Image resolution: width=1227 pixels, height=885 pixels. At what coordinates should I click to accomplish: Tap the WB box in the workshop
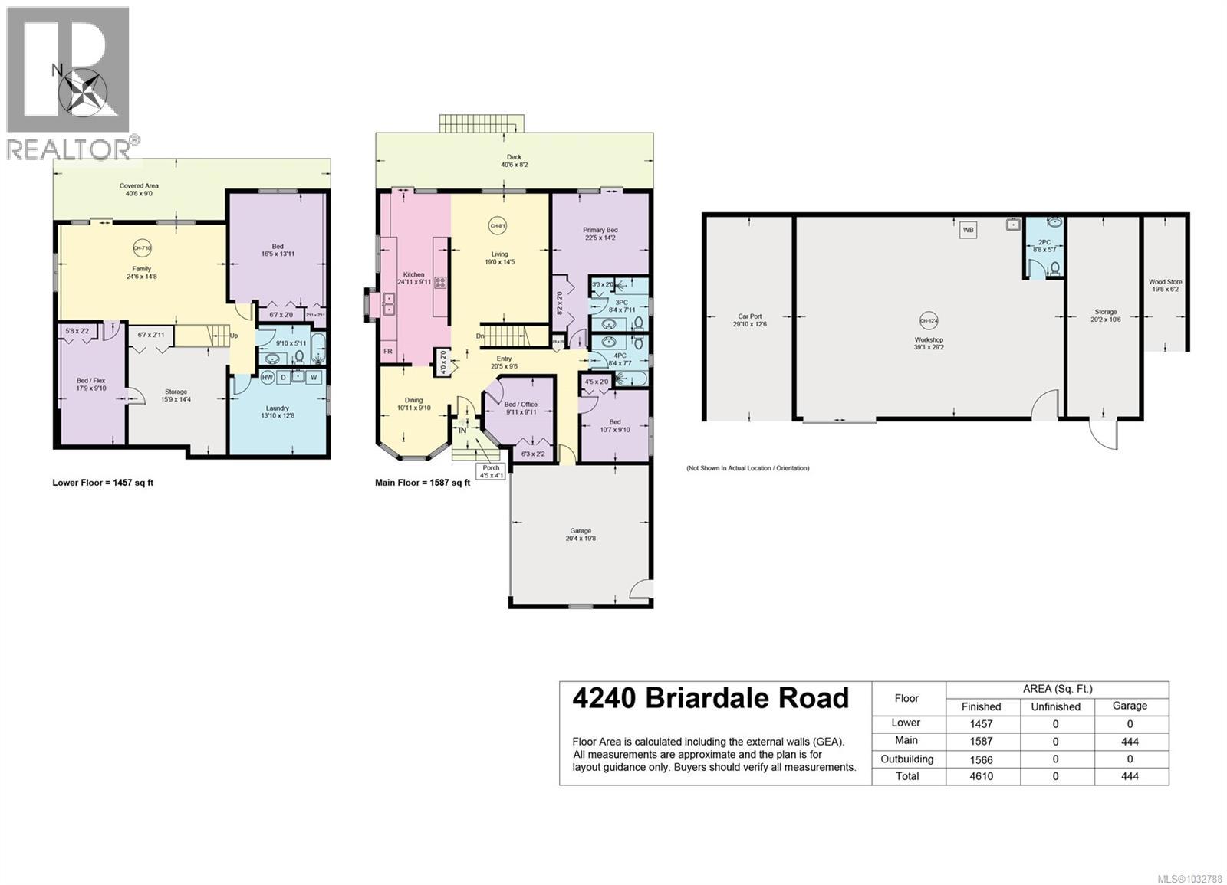pos(969,229)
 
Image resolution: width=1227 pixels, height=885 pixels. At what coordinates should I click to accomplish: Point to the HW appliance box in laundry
pos(268,378)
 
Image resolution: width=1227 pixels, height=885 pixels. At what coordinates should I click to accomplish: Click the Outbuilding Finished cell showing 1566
pos(981,759)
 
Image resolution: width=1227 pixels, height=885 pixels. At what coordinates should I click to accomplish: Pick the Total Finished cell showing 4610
pos(981,776)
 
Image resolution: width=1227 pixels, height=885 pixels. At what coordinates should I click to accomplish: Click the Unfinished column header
pos(1055,706)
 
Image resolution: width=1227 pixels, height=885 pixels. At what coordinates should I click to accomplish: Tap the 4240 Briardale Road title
pos(711,698)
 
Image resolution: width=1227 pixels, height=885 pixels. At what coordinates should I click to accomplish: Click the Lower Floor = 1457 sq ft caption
pos(103,483)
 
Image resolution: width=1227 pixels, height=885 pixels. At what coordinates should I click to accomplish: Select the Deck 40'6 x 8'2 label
pos(514,161)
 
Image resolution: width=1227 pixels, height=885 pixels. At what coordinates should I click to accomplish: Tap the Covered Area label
pos(139,189)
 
